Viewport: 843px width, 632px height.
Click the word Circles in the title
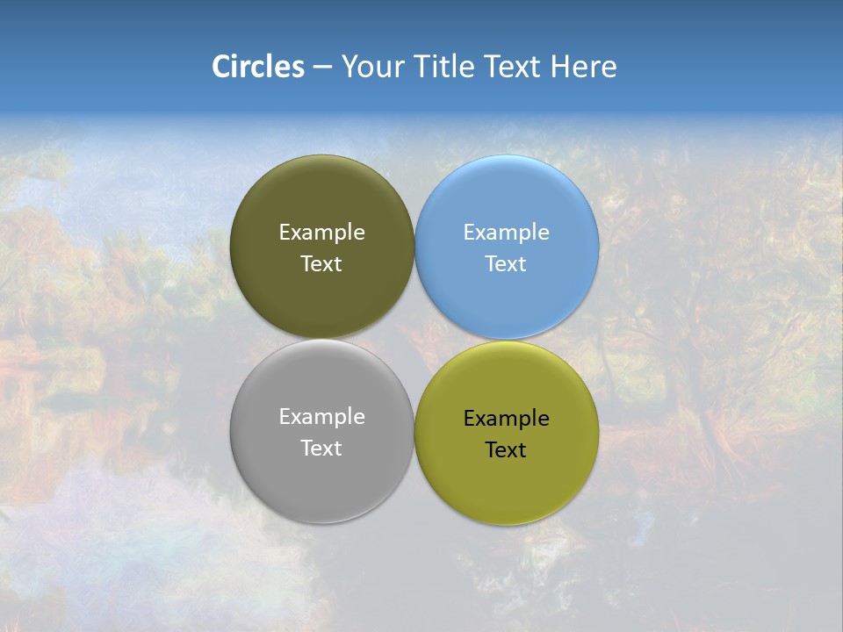point(257,66)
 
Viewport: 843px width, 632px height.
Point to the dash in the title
point(322,68)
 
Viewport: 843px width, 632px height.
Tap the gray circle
point(321,474)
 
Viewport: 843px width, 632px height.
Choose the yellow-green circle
point(507,478)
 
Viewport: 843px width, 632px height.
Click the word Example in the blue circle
point(507,233)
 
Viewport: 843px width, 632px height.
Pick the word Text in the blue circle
point(506,264)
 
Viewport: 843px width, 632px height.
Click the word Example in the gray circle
point(321,417)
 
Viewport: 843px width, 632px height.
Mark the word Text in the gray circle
point(321,449)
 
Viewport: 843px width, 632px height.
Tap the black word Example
point(507,419)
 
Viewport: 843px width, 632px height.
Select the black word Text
point(506,450)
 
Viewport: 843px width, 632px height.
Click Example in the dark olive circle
point(321,233)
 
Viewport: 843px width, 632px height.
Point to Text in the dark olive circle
point(321,264)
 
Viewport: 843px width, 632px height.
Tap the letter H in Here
point(560,66)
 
